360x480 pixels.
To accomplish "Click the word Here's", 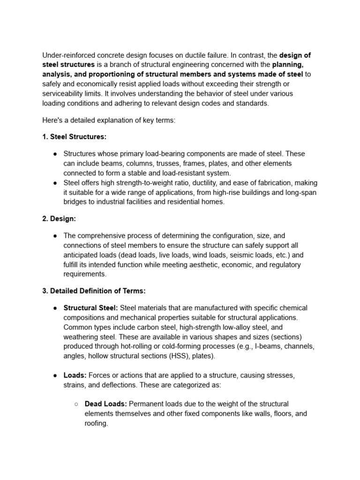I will [52, 120].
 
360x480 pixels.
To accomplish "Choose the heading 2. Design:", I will [60, 219].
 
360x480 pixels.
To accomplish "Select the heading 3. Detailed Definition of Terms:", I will [94, 291].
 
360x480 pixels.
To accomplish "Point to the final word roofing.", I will [96, 423].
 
